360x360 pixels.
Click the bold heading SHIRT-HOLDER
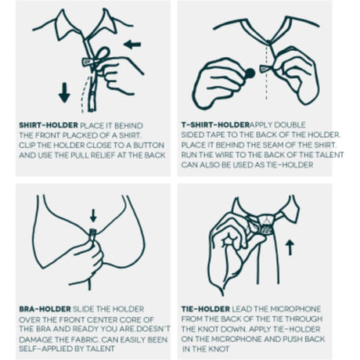click(49, 125)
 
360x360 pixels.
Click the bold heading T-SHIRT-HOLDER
click(215, 124)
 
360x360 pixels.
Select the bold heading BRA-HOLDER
click(45, 309)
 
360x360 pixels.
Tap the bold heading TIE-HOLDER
click(206, 309)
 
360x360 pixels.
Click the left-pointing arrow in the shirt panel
click(132, 45)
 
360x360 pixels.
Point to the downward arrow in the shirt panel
click(64, 92)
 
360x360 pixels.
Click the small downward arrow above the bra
click(93, 215)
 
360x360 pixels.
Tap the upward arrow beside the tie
click(290, 247)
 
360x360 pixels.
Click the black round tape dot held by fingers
click(250, 74)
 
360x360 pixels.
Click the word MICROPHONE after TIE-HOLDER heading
click(295, 309)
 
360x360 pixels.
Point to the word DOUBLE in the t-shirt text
click(290, 124)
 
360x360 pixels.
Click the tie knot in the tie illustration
click(264, 225)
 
